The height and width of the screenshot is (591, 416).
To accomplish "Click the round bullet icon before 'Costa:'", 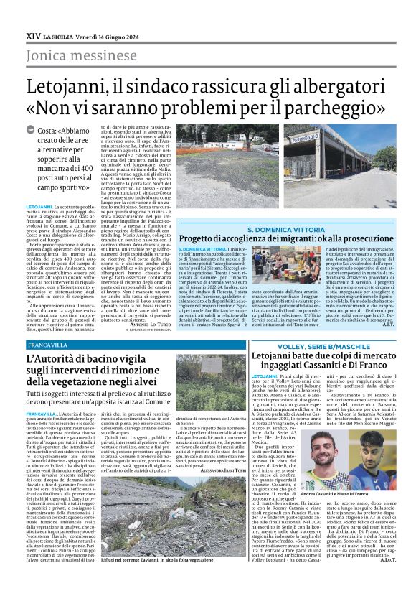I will coord(30,131).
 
